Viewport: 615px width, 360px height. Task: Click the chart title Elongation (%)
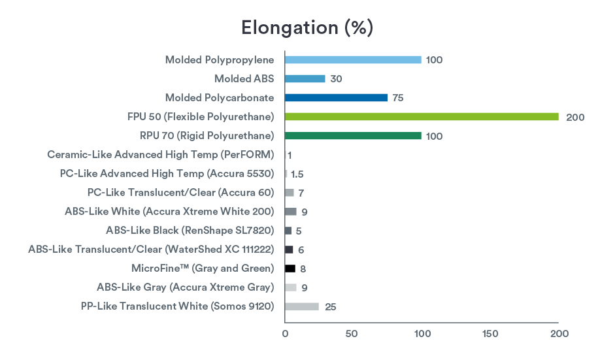[307, 27]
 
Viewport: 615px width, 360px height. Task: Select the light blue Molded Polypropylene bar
[353, 59]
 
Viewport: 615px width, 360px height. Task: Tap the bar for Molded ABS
[305, 78]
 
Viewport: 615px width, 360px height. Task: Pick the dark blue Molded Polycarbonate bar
[336, 97]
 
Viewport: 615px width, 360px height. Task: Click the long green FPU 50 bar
[422, 116]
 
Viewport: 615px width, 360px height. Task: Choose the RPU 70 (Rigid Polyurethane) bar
[353, 135]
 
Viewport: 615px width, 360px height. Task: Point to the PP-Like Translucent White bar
[302, 306]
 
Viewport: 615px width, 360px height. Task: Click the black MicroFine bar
[290, 269]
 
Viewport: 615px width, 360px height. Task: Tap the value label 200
[575, 117]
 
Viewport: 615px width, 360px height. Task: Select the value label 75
[398, 98]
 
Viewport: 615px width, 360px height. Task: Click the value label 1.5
[297, 174]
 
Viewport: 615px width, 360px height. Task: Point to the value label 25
[330, 307]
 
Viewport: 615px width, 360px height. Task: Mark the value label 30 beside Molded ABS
[336, 79]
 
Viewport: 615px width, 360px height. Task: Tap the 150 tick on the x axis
[490, 334]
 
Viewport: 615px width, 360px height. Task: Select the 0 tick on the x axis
[285, 334]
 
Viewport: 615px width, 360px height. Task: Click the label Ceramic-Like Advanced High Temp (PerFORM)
[160, 155]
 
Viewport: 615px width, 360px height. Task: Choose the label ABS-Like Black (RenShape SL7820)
[190, 231]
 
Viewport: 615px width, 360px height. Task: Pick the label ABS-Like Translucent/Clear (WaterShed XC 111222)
[151, 250]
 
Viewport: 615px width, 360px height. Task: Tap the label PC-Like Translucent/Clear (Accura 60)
[180, 193]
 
